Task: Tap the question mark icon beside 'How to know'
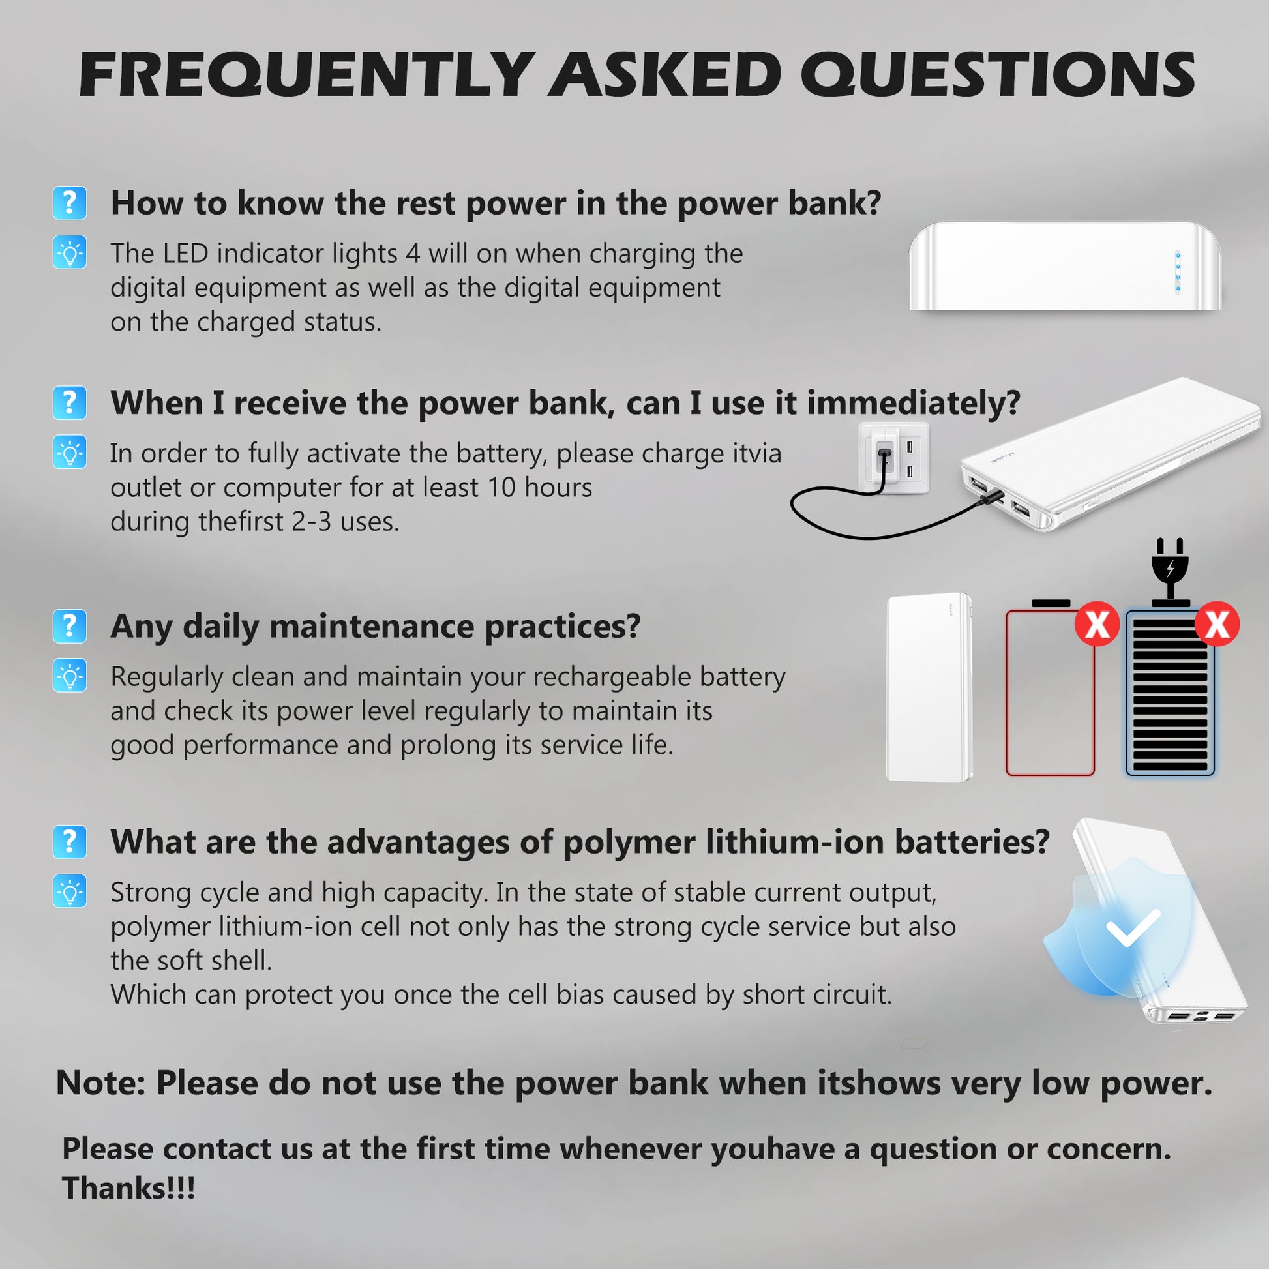pyautogui.click(x=70, y=203)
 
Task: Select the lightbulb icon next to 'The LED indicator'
pyautogui.click(x=70, y=252)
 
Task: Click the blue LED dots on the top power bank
pyautogui.click(x=1178, y=271)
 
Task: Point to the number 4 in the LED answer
pyautogui.click(x=413, y=254)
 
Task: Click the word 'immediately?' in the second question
pyautogui.click(x=913, y=402)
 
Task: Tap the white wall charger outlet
pyautogui.click(x=894, y=458)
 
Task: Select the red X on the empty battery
pyautogui.click(x=1096, y=623)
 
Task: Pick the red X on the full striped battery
pyautogui.click(x=1216, y=623)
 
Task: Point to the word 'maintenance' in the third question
pyautogui.click(x=371, y=626)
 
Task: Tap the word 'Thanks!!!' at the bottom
pyautogui.click(x=128, y=1189)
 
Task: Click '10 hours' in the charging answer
pyautogui.click(x=539, y=488)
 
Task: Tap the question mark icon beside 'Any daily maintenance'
pyautogui.click(x=70, y=626)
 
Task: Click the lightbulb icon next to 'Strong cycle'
pyautogui.click(x=70, y=891)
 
